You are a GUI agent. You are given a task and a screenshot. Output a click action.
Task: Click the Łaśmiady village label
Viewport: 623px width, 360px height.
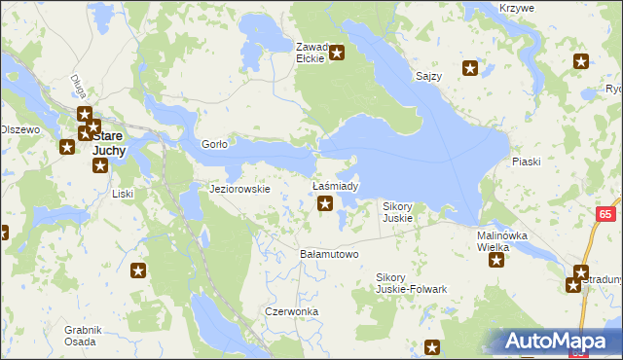(335, 185)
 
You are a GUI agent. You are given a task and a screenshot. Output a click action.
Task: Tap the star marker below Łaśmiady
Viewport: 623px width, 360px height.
(326, 203)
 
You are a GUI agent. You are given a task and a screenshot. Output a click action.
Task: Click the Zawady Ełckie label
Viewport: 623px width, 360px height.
(313, 52)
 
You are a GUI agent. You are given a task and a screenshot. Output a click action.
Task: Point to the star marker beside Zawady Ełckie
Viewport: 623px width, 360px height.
(337, 53)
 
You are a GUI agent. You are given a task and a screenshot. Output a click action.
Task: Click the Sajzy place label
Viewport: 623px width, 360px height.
(428, 75)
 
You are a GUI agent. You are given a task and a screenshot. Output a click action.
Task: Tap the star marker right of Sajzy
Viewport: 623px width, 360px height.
(470, 68)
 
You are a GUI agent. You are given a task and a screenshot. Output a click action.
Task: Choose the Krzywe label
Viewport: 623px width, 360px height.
(516, 8)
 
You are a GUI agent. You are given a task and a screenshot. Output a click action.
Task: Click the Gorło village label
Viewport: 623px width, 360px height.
(214, 144)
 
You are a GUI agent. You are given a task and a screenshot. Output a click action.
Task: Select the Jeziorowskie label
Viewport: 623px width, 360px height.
(239, 189)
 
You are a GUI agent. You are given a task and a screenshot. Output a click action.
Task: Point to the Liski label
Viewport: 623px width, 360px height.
(123, 194)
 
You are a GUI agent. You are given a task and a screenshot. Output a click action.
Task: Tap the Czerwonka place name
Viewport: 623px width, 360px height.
(292, 311)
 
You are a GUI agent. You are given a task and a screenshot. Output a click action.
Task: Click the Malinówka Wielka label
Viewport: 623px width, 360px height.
(501, 241)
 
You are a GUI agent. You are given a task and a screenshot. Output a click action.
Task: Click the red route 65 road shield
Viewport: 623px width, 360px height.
(605, 213)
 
